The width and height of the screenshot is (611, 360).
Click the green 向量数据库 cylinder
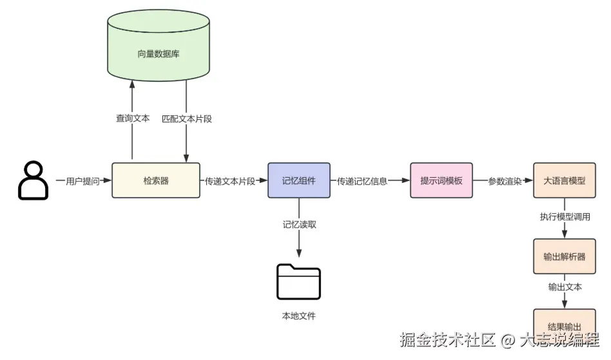pos(158,53)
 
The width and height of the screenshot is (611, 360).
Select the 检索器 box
pos(155,181)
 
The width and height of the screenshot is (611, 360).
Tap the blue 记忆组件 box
pos(299,181)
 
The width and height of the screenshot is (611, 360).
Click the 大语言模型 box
pos(565,181)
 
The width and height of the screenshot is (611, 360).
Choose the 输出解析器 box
pos(565,256)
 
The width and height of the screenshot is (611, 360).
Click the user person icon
pos(32,180)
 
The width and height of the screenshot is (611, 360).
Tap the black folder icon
pos(298,281)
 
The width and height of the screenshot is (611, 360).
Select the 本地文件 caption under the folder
pos(299,316)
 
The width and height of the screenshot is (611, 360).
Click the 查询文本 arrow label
pos(132,118)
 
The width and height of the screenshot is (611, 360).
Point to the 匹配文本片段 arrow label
pos(186,118)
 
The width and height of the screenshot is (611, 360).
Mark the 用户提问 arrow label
pos(82,182)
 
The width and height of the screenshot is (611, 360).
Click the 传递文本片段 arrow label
pos(229,182)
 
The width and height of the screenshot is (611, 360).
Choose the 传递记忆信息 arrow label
pos(362,182)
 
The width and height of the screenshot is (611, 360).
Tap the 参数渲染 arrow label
pos(504,182)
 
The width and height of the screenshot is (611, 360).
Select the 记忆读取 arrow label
pos(299,225)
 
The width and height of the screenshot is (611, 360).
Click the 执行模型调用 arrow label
pos(565,217)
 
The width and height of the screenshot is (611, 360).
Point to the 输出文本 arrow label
pos(565,287)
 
